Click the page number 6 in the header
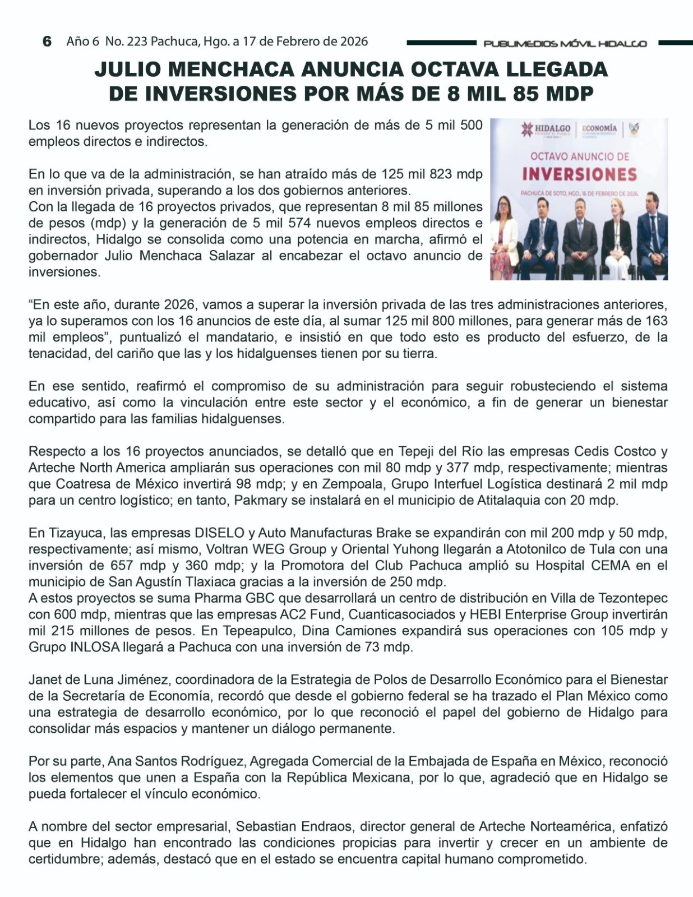[x=47, y=41]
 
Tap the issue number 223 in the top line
[x=137, y=41]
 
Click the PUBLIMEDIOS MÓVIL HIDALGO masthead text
[x=565, y=44]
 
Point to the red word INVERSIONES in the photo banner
[x=579, y=174]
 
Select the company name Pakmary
[x=256, y=500]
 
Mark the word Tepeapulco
[x=258, y=631]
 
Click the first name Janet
[x=44, y=680]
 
